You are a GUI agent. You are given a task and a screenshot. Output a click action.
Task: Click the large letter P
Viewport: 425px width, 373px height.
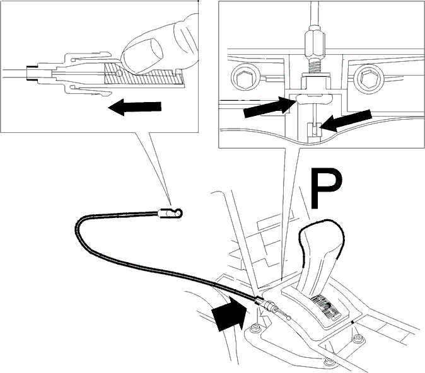click(x=325, y=188)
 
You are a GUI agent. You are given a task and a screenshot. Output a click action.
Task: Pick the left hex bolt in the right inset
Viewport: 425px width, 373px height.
click(x=245, y=77)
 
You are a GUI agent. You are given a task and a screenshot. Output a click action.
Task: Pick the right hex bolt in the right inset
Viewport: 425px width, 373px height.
click(x=369, y=77)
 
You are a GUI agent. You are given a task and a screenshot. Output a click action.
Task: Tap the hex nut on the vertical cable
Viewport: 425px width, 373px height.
click(x=315, y=42)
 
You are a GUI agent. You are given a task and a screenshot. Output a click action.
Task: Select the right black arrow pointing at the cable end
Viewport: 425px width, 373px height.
click(x=346, y=120)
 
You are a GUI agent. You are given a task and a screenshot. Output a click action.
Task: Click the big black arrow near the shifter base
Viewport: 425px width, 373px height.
click(x=230, y=313)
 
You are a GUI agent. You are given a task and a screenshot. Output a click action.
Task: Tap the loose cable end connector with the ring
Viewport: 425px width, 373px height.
click(x=172, y=213)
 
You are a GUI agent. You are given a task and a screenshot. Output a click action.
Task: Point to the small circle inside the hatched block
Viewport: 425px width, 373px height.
click(x=119, y=73)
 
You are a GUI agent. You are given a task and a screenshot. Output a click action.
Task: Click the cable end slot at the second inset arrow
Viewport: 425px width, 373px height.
click(x=314, y=130)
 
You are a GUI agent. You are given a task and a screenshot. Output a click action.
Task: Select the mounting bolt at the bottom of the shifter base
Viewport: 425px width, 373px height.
click(x=330, y=362)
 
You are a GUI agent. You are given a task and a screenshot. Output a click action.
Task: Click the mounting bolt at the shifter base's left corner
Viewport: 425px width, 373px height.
click(x=255, y=329)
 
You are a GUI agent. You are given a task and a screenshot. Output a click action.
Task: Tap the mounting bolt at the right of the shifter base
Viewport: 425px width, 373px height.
click(x=358, y=339)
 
